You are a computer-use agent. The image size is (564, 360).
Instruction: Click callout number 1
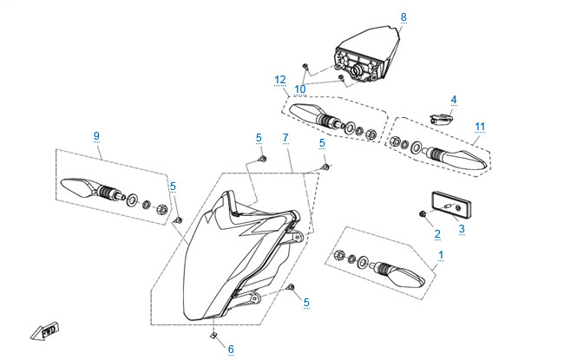point(442,255)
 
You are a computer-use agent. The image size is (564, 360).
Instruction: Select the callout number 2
point(437,233)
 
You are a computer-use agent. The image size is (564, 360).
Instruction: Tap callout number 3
point(462,229)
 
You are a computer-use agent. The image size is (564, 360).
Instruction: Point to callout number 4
point(453,100)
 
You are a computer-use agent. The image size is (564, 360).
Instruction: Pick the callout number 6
point(231,350)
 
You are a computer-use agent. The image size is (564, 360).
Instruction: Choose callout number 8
point(403,16)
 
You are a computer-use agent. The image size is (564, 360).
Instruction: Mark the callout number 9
point(97,135)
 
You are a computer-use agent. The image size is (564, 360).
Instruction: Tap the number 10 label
point(300,88)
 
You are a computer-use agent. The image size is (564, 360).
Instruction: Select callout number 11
point(479,127)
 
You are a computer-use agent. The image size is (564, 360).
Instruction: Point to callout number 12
point(279,79)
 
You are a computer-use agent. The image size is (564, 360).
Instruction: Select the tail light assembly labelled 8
point(369,56)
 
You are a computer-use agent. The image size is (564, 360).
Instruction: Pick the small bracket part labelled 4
point(442,113)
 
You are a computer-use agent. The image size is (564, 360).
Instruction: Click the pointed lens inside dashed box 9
point(78,186)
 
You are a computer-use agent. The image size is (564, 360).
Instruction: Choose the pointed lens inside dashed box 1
point(405,277)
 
